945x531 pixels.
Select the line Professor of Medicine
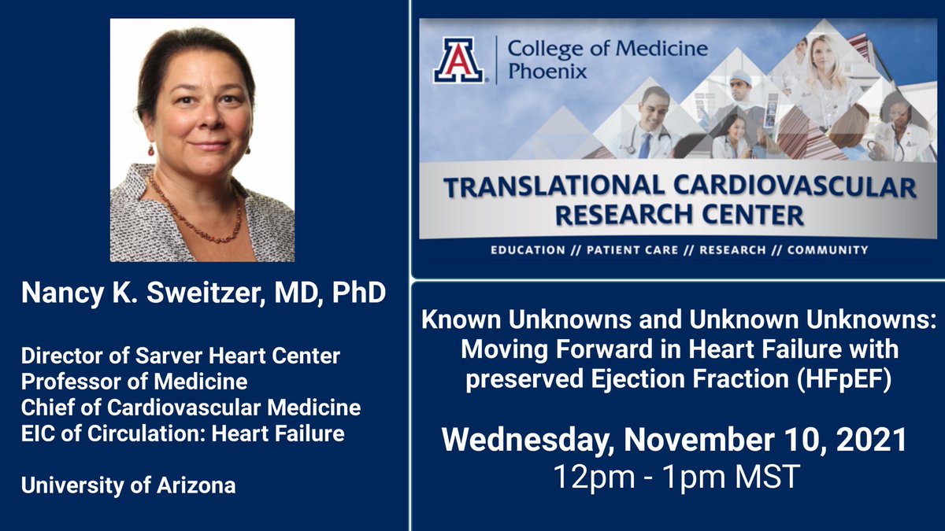pos(135,382)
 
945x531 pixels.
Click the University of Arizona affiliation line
pos(128,485)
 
